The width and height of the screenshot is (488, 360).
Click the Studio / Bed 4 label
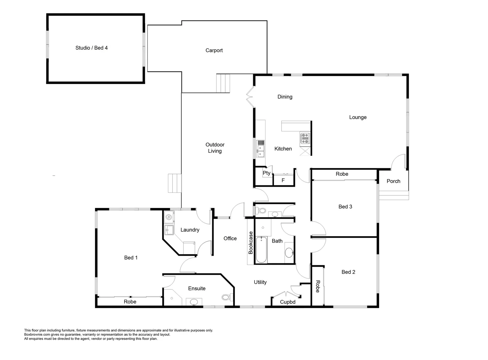91,48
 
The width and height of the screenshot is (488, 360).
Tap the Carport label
214,50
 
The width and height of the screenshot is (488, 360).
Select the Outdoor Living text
215,148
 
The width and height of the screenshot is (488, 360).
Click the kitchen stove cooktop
305,138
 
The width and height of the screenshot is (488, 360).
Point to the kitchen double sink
260,151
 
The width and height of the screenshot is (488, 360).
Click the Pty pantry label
266,173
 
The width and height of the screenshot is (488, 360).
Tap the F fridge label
283,180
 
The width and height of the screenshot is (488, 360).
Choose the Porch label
393,181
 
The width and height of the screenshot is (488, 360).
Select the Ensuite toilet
227,297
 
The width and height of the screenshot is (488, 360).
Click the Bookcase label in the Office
251,243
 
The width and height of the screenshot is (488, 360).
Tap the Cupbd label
287,302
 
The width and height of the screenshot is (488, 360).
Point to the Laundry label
190,230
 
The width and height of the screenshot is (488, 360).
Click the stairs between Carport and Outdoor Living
223,83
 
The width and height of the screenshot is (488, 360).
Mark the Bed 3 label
345,207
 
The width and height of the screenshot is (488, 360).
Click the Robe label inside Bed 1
130,302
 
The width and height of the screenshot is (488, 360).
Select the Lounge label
358,117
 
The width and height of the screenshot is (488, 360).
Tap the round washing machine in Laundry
169,218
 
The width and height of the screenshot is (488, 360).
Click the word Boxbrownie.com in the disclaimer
37,334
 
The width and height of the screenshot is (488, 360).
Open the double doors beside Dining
250,97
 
